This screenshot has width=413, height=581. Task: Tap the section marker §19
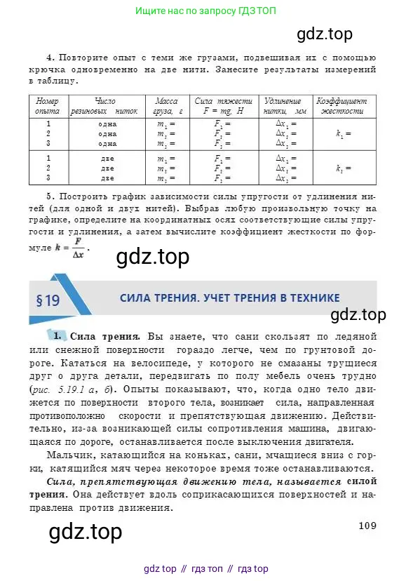pyautogui.click(x=48, y=301)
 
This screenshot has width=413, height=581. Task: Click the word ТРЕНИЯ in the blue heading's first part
pyautogui.click(x=182, y=298)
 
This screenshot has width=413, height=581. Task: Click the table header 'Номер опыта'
pyautogui.click(x=47, y=106)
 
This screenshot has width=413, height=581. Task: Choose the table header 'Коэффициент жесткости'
pyautogui.click(x=341, y=106)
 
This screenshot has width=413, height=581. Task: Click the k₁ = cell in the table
pyautogui.click(x=342, y=133)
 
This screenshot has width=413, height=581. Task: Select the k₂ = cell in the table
pyautogui.click(x=342, y=168)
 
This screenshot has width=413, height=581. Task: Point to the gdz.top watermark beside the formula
pyautogui.click(x=151, y=258)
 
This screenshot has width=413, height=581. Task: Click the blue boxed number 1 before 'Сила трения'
pyautogui.click(x=59, y=335)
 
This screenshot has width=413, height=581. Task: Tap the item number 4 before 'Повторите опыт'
pyautogui.click(x=50, y=58)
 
